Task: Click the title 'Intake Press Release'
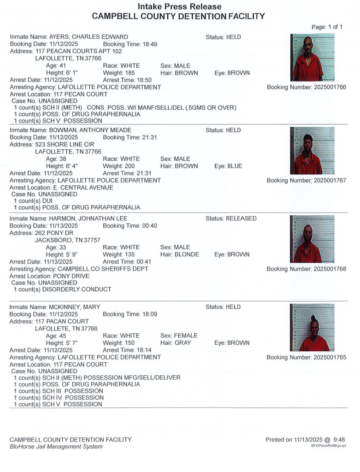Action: click(x=180, y=7)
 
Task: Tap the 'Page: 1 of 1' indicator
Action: click(x=327, y=27)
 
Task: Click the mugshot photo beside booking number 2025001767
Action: click(x=313, y=151)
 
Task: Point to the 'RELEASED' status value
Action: click(x=241, y=218)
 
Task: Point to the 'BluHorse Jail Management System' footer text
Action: click(x=56, y=447)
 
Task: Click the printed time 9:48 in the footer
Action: click(x=338, y=440)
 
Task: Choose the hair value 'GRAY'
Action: click(x=183, y=343)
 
